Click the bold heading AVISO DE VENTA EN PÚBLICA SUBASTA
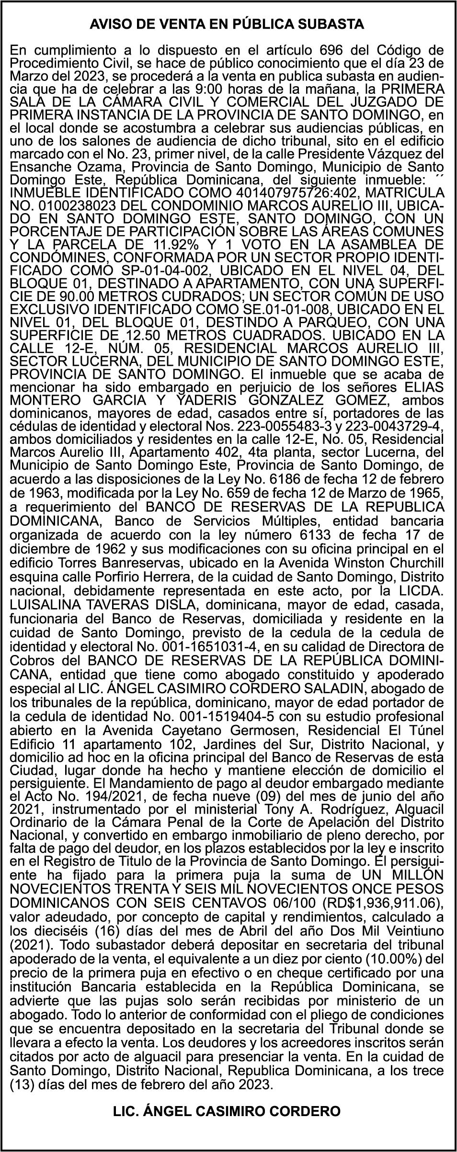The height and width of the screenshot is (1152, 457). pyautogui.click(x=227, y=24)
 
